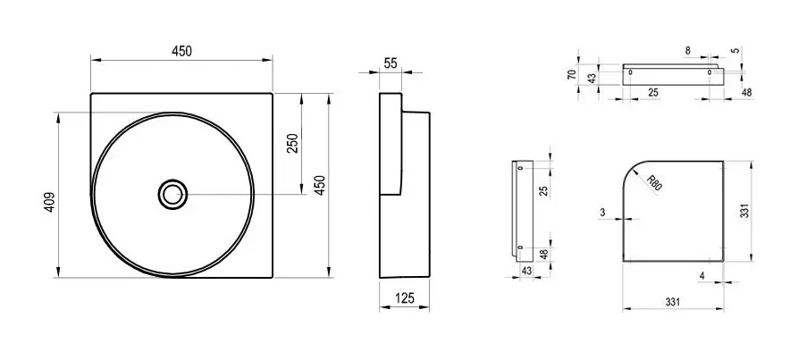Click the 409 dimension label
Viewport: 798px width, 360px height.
pos(49,202)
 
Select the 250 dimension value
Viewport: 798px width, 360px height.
pos(294,144)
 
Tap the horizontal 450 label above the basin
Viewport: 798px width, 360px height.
pos(181,51)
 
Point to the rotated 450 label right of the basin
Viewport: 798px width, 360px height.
pos(320,185)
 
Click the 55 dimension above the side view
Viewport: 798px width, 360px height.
pos(391,63)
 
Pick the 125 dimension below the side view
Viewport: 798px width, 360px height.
pos(405,298)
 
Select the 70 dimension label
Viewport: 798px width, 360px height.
pos(572,74)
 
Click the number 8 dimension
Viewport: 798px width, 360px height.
pos(688,50)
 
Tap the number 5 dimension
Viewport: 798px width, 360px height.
pos(734,51)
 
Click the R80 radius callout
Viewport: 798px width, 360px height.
pos(654,182)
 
